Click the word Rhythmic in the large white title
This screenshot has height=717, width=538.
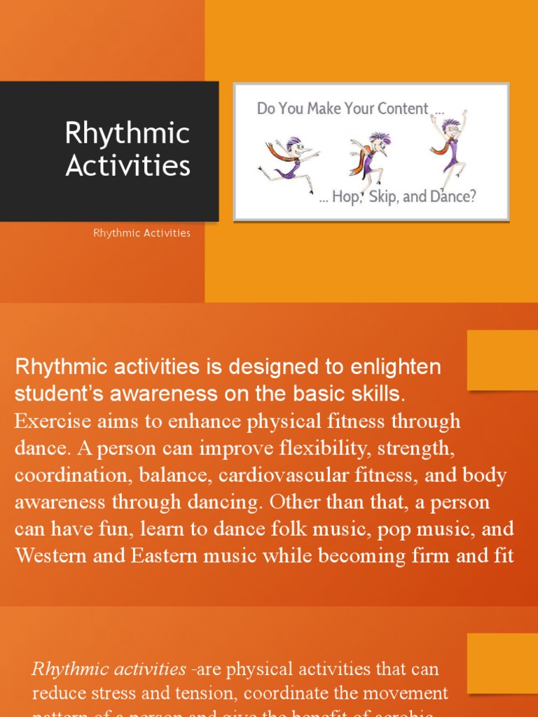pyautogui.click(x=127, y=133)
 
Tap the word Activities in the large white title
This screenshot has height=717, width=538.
pyautogui.click(x=127, y=166)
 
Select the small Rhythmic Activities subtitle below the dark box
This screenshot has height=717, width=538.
pyautogui.click(x=142, y=233)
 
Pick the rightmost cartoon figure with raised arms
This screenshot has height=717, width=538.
pyautogui.click(x=448, y=144)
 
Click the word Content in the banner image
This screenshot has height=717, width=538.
pyautogui.click(x=403, y=109)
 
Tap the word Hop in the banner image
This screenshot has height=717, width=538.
pyautogui.click(x=345, y=197)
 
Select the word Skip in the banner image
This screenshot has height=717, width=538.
pyautogui.click(x=383, y=197)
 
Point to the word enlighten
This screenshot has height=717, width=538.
pyautogui.click(x=399, y=367)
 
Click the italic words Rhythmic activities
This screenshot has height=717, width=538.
pyautogui.click(x=109, y=669)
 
